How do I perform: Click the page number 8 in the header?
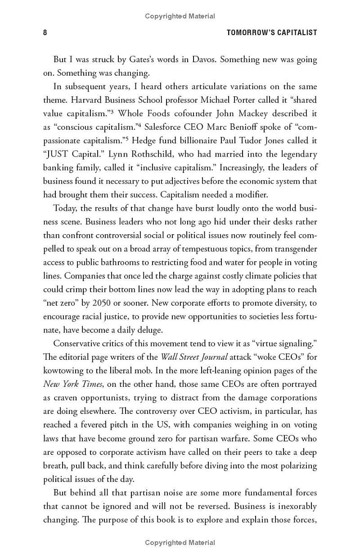(x=45, y=32)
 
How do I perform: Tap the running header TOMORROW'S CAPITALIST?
(x=272, y=32)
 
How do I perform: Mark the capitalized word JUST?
(x=58, y=154)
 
